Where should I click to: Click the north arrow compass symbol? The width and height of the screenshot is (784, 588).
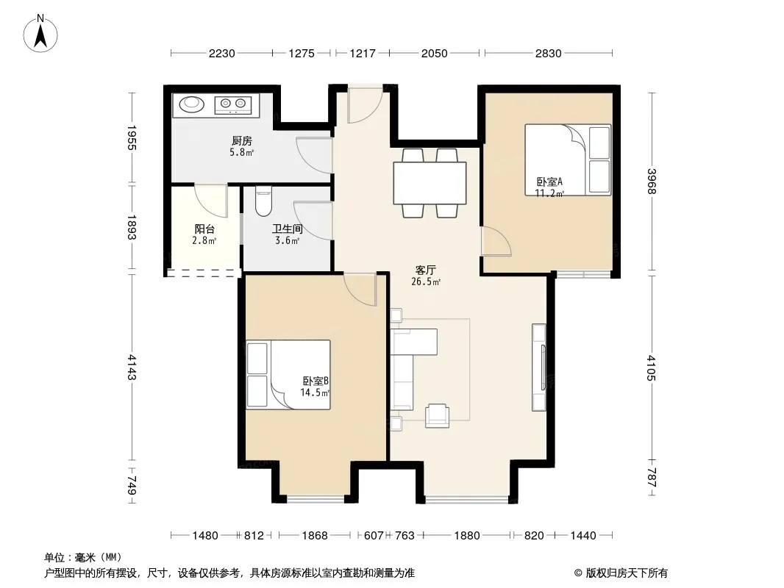point(40,34)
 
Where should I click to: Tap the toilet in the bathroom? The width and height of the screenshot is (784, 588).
point(263,201)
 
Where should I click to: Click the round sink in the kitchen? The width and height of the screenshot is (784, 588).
point(191,104)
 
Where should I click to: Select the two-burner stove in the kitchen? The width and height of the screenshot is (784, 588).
point(233,104)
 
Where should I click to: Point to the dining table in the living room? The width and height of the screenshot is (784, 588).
point(430,183)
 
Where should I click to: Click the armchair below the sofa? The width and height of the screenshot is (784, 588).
point(437,416)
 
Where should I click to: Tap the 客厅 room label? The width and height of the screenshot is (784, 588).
point(426,270)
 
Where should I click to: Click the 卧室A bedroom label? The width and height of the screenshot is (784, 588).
point(549,182)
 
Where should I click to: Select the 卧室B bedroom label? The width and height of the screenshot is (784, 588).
point(316,381)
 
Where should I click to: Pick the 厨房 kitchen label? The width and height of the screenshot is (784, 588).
point(241,141)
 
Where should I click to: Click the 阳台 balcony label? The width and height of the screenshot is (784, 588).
point(204,229)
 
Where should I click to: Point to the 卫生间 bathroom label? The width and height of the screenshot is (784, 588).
point(287,229)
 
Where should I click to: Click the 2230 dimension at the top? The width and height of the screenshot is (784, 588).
point(221,53)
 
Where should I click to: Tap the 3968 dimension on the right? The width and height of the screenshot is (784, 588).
point(651,182)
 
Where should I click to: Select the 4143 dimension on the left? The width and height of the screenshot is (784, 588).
point(132,367)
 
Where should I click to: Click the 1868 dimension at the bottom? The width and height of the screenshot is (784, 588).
point(315,536)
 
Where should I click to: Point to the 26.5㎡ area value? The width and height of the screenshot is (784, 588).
point(426,282)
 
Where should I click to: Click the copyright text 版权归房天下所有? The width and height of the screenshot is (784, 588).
point(626,573)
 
